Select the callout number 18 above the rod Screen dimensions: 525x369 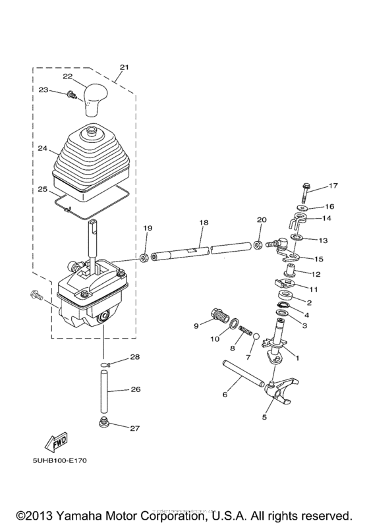coord(204,223)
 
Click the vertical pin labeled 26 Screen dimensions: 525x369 coord(103,390)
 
